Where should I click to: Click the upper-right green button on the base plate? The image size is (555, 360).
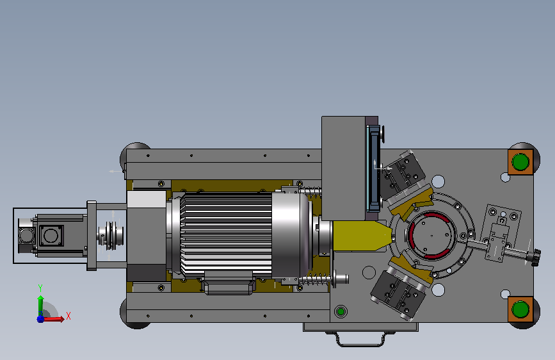click(x=520, y=162)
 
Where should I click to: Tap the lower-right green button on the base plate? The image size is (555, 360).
click(x=520, y=309)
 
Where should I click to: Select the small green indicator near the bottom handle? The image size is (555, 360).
click(x=341, y=311)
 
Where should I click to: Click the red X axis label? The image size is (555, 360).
click(x=68, y=316)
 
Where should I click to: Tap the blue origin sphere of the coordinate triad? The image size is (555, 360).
click(x=40, y=319)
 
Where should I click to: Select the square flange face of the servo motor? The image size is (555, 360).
click(x=51, y=236)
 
